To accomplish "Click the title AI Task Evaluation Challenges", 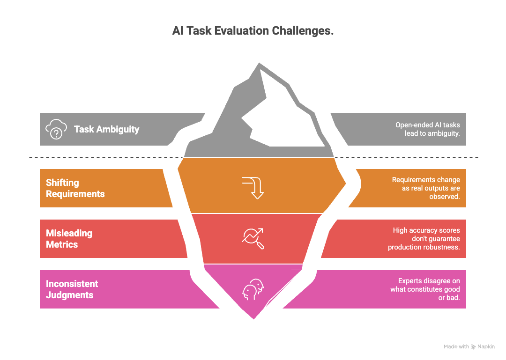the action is pos(253,30).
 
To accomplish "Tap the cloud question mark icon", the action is pos(56,129).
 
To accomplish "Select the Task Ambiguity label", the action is pos(106,129).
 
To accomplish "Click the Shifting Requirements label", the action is pos(75,188).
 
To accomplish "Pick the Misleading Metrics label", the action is pos(69,239).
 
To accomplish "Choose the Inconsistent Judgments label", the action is pos(72,289).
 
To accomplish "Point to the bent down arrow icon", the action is pos(253,188).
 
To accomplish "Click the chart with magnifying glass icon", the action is pos(253,238).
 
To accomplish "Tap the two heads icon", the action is pos(253,289).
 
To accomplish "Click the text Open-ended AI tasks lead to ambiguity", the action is pos(428,129).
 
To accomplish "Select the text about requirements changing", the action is pos(426,188).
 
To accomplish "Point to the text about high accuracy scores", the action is pos(424,239).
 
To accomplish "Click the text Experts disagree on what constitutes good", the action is pos(425,285).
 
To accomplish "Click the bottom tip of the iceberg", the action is pos(253,319).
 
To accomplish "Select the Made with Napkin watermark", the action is pos(469,346).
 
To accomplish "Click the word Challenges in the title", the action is pos(302,30).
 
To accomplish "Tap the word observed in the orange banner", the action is pos(444,197).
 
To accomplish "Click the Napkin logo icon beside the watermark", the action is pos(473,347).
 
